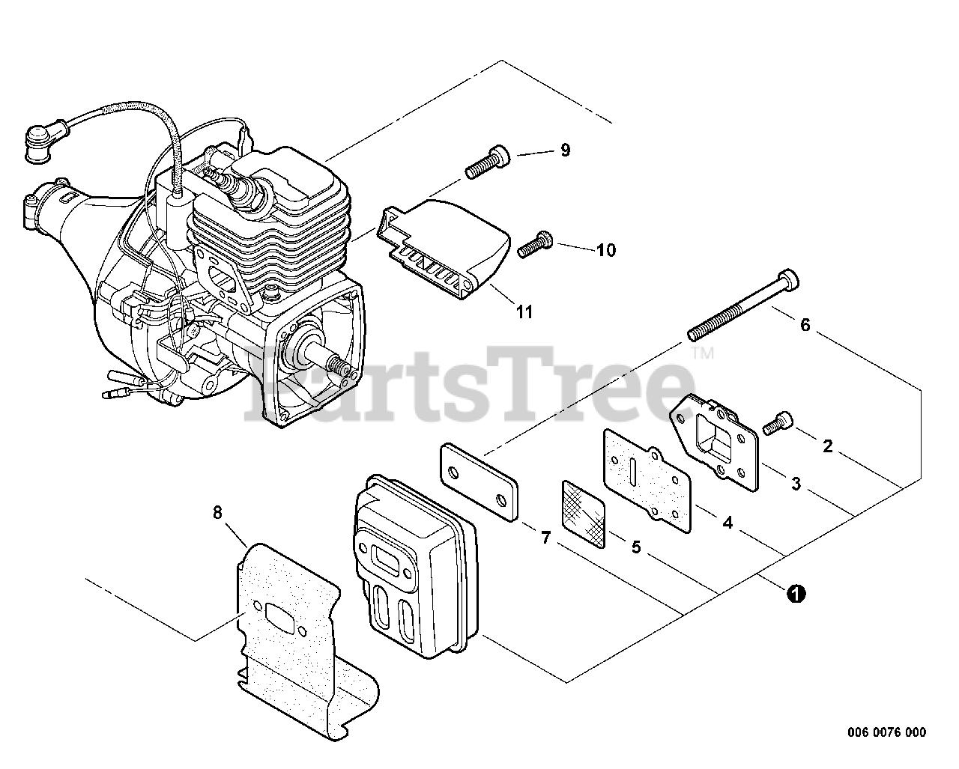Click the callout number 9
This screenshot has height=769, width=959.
point(565,151)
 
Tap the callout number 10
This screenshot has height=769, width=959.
point(605,250)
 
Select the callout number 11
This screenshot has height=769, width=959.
point(524,311)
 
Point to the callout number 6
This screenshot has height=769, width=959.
point(805,325)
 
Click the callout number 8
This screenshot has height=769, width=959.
point(217,513)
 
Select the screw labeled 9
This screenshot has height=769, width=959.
point(488,162)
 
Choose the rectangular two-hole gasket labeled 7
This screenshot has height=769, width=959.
point(477,483)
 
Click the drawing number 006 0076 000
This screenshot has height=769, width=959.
point(888,732)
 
